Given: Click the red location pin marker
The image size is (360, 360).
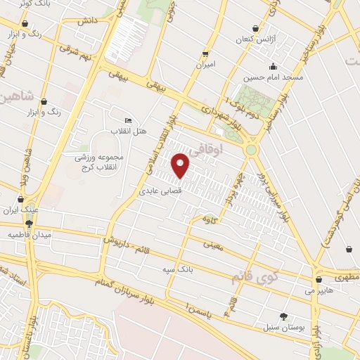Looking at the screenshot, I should point(181,165).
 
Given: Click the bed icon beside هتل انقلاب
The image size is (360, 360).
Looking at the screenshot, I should point(127,121).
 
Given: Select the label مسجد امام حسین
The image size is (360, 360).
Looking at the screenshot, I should point(274,77).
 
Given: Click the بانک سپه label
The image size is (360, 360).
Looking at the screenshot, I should point(181,269).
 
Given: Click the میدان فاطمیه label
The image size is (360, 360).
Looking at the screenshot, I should point(26,234).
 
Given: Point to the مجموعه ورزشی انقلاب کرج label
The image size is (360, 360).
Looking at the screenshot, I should point(100,161).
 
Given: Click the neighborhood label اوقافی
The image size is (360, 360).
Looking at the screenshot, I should point(226,148).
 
